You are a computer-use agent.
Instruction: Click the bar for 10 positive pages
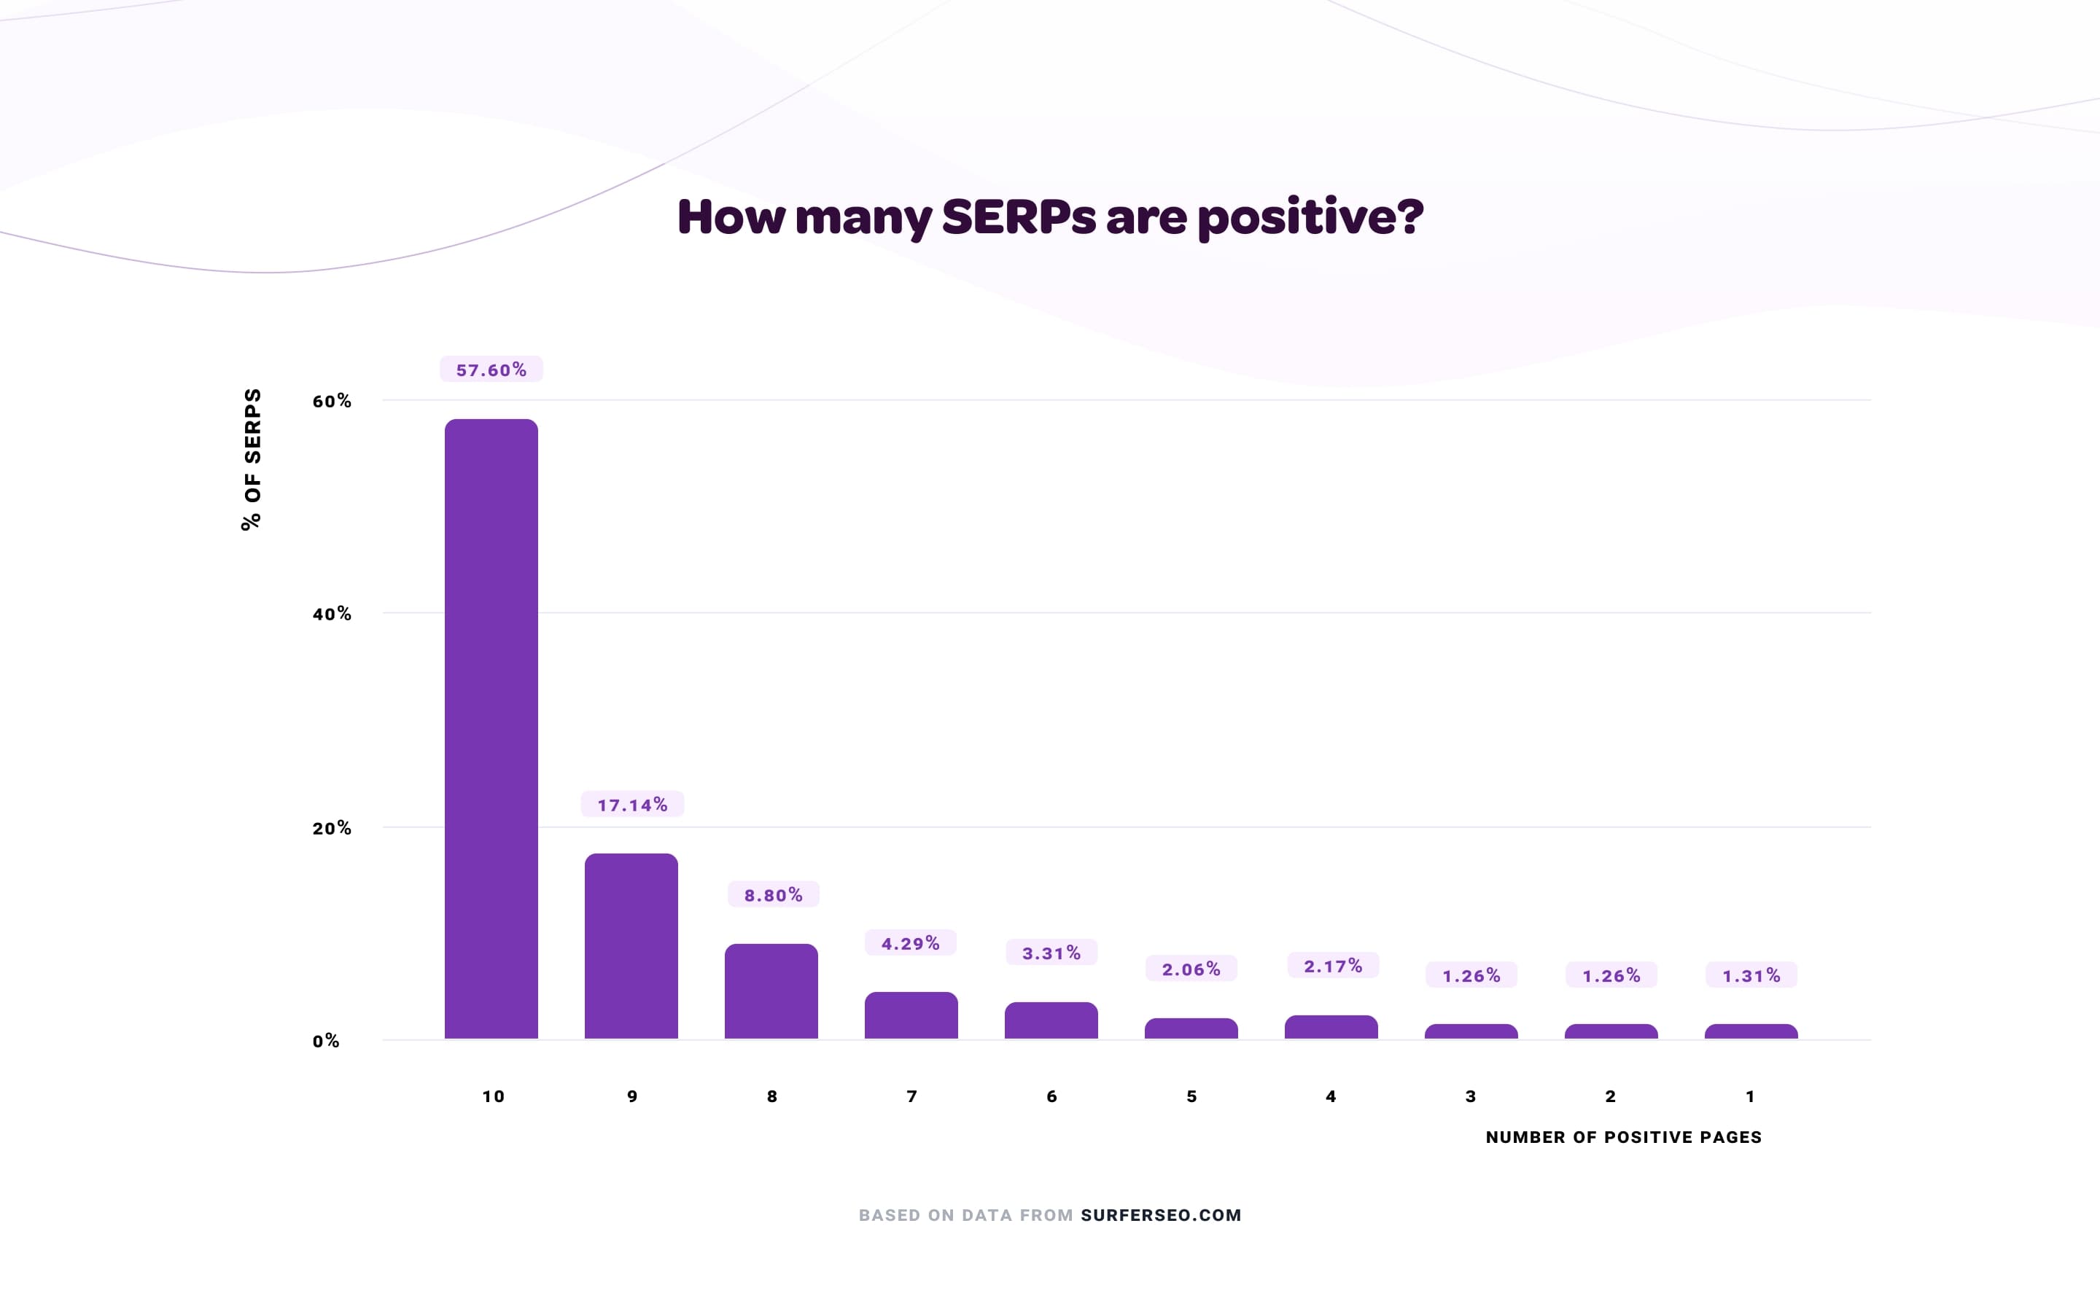pyautogui.click(x=491, y=729)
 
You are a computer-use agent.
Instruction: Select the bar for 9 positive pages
pyautogui.click(x=631, y=946)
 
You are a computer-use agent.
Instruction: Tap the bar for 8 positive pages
pyautogui.click(x=771, y=991)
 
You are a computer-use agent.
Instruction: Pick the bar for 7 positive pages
pyautogui.click(x=911, y=1015)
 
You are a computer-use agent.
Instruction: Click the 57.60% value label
pyautogui.click(x=491, y=370)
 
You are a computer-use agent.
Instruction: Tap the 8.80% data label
pyautogui.click(x=773, y=894)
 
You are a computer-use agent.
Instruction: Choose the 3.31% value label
pyautogui.click(x=1051, y=953)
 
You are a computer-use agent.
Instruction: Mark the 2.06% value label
pyautogui.click(x=1191, y=969)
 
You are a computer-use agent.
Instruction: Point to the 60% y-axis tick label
pyautogui.click(x=332, y=401)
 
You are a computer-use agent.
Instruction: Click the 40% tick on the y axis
pyautogui.click(x=332, y=614)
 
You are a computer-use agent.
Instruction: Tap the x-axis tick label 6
pyautogui.click(x=1051, y=1097)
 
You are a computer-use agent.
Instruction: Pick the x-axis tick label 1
pyautogui.click(x=1750, y=1097)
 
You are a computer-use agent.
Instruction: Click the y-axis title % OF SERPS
pyautogui.click(x=252, y=459)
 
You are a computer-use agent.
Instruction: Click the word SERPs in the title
pyautogui.click(x=1019, y=217)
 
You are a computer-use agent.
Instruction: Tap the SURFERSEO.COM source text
pyautogui.click(x=1161, y=1215)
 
